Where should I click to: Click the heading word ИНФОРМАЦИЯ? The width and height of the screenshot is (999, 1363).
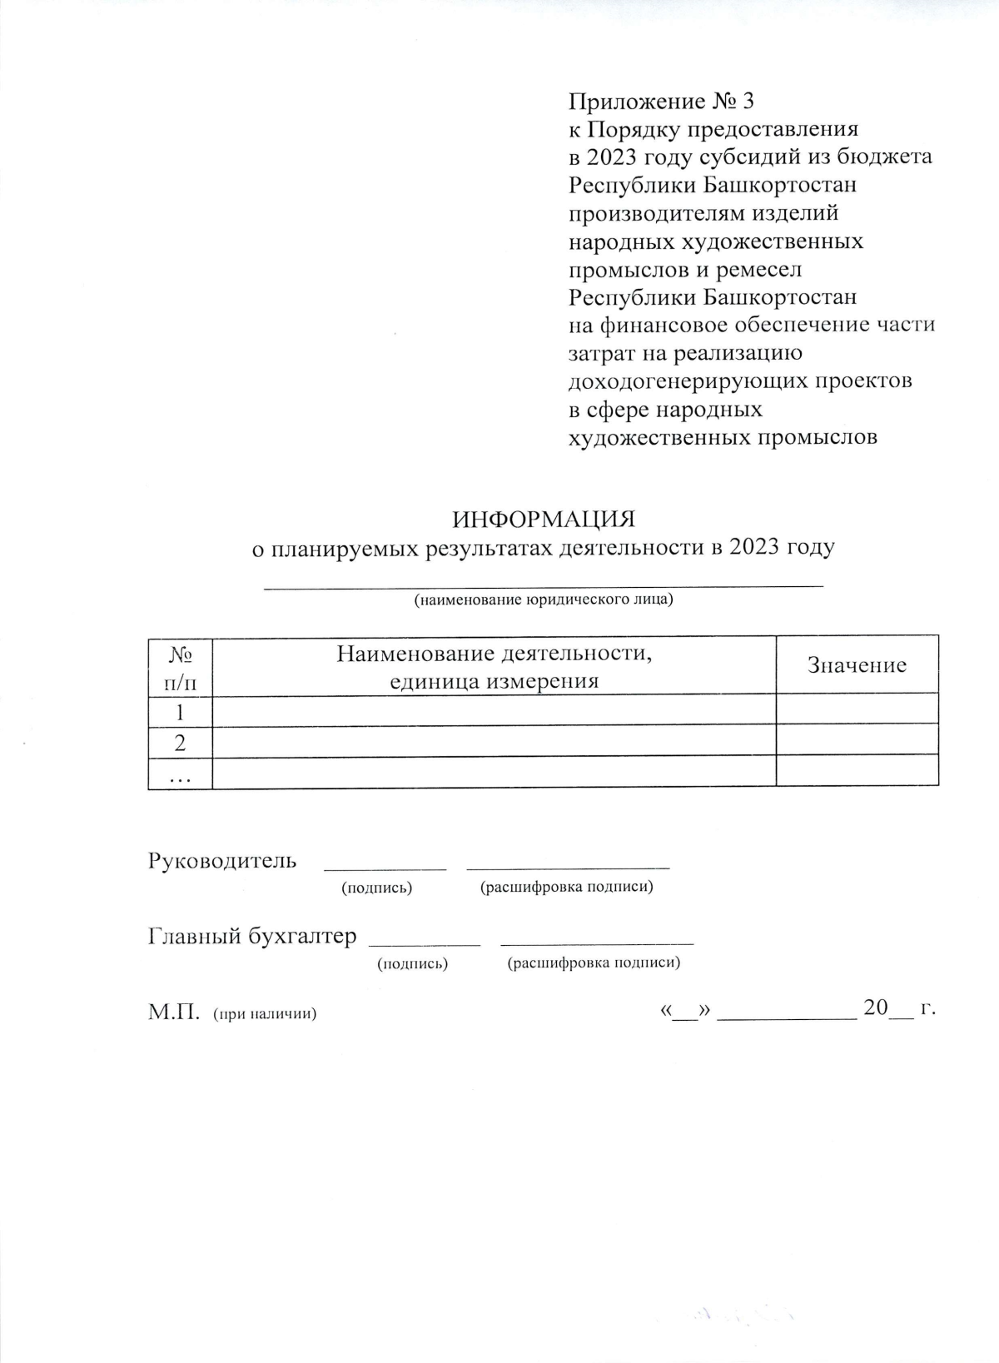pos(544,520)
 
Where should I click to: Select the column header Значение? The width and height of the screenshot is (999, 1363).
pos(857,665)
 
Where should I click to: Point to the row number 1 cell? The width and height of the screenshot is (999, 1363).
pos(180,713)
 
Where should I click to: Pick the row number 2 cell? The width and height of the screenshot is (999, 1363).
pos(180,743)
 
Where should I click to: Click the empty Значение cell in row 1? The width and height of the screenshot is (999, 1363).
pos(857,710)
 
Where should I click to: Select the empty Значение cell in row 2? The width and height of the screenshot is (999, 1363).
pos(857,740)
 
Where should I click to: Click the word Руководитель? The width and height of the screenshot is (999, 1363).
pos(222,860)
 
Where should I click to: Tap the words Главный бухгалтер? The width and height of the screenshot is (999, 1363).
pos(252,936)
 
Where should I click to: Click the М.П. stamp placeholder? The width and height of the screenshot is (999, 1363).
pos(174,1012)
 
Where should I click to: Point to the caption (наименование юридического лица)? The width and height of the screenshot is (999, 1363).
pos(544,599)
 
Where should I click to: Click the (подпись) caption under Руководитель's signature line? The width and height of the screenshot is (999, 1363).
pos(377,888)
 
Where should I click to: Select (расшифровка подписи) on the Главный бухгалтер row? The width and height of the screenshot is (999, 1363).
pos(594,963)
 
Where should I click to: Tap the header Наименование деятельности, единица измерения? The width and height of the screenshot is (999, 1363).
pos(495,667)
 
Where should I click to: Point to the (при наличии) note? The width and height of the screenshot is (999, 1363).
pos(265,1014)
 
